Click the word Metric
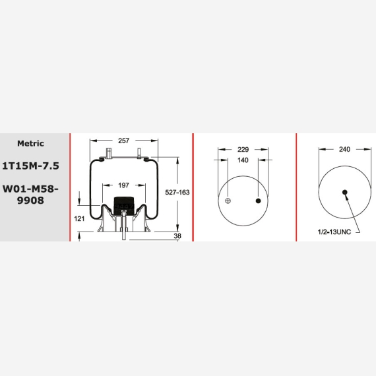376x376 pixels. (x=30, y=143)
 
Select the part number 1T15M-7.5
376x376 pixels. (x=30, y=166)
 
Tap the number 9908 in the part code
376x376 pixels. (x=30, y=201)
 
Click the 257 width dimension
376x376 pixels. (x=124, y=141)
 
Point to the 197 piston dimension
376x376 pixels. (x=124, y=185)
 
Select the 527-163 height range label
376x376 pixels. (x=177, y=193)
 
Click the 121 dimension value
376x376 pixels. (x=79, y=219)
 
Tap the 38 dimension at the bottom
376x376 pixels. (x=177, y=236)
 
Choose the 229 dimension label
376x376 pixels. (x=243, y=150)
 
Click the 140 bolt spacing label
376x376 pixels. (x=243, y=160)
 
